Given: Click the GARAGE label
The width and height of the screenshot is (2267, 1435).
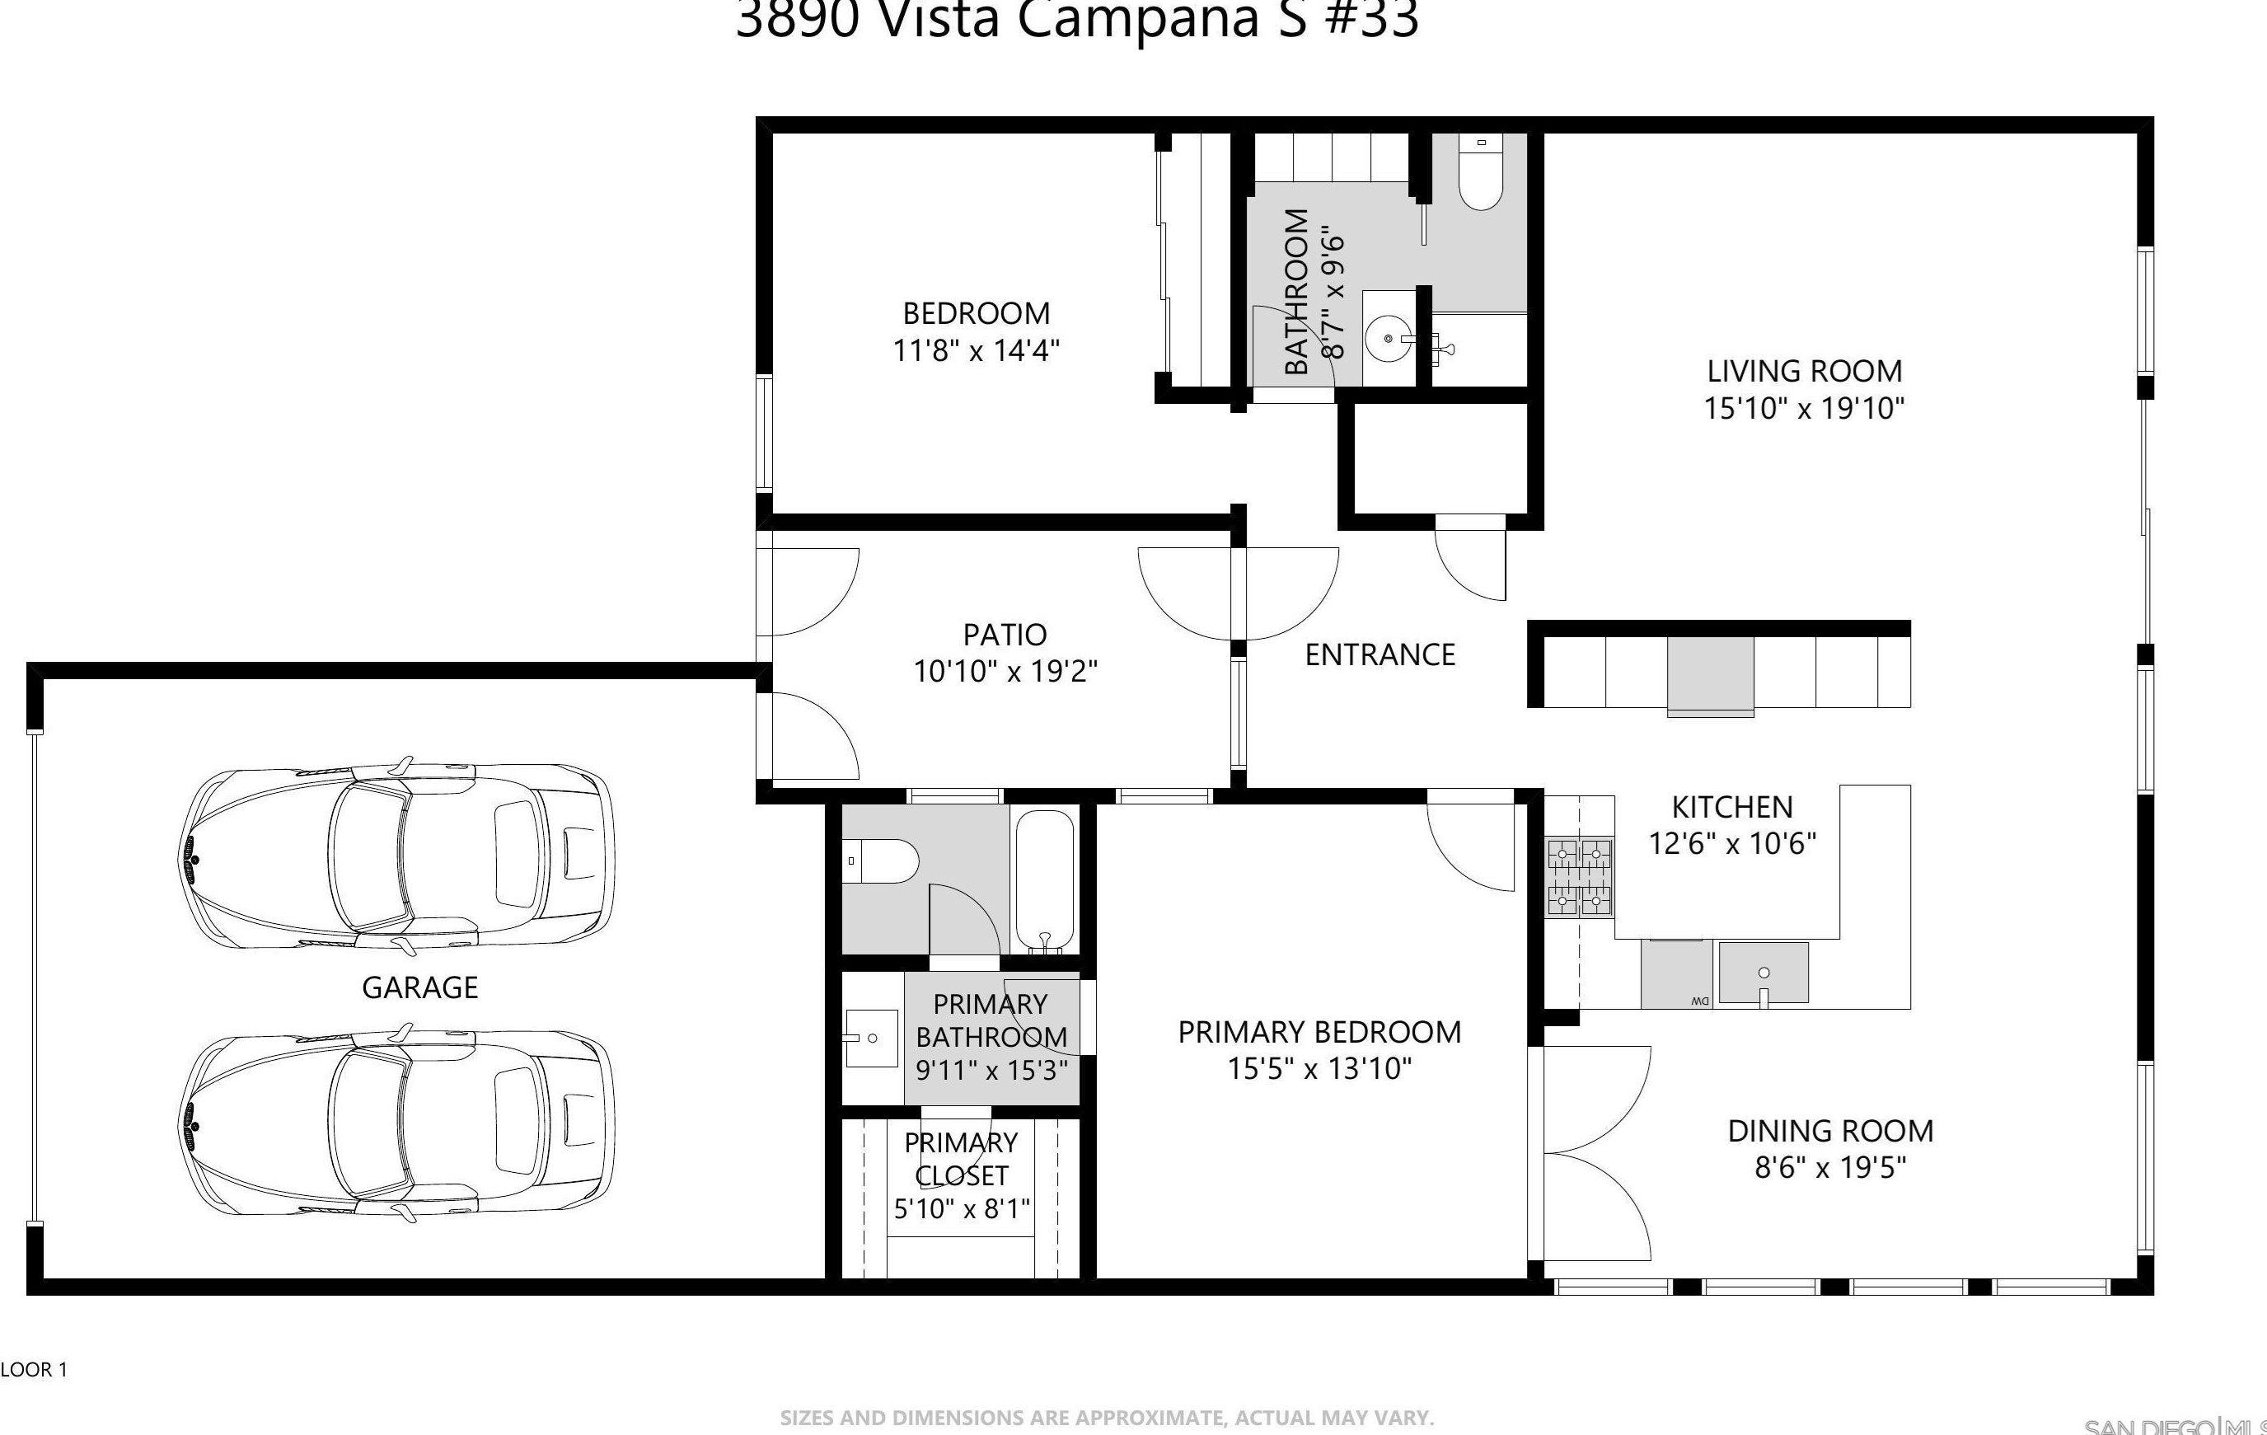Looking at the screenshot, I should pyautogui.click(x=420, y=987).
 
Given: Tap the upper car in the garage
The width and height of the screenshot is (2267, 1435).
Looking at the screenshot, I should pyautogui.click(x=396, y=858).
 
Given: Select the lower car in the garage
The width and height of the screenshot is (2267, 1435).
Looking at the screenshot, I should pyautogui.click(x=396, y=1125).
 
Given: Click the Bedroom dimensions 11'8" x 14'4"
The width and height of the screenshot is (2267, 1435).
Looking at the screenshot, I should pyautogui.click(x=976, y=351).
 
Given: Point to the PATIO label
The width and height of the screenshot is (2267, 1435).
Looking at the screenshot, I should pyautogui.click(x=1005, y=635).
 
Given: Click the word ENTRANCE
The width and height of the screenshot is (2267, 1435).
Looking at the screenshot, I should pyautogui.click(x=1379, y=654).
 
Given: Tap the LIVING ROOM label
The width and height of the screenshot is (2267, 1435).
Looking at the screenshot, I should pyautogui.click(x=1804, y=371).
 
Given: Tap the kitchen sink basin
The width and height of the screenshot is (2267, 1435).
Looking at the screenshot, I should pyautogui.click(x=1763, y=973).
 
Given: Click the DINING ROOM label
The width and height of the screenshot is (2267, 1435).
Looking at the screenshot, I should pyautogui.click(x=1830, y=1130).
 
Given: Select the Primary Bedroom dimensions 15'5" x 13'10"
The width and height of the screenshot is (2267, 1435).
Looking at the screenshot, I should pyautogui.click(x=1319, y=1069).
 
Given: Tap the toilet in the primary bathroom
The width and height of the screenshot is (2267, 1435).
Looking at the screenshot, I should pyautogui.click(x=881, y=861).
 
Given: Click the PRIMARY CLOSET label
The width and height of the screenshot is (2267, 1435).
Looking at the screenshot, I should pyautogui.click(x=960, y=1159).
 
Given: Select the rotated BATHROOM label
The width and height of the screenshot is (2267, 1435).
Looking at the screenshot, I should pyautogui.click(x=1295, y=292).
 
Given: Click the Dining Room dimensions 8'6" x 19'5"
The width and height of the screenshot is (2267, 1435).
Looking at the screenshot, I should pyautogui.click(x=1829, y=1168).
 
